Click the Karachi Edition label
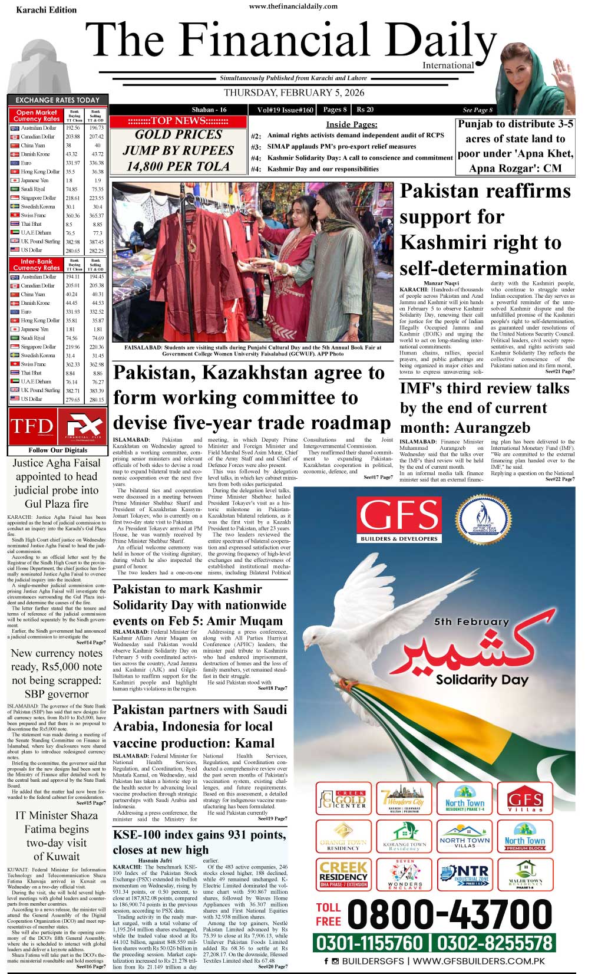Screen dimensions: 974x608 [x=46, y=10]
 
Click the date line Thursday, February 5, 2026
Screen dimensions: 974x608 [x=294, y=93]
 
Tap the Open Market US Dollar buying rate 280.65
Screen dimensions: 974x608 [x=73, y=251]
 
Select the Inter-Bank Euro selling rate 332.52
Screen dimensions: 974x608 [x=97, y=312]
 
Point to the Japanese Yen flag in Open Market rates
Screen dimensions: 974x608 [x=15, y=180]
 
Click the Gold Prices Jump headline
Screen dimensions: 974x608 [x=178, y=150]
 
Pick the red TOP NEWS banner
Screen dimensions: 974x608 [x=178, y=121]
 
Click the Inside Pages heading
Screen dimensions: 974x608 [x=352, y=124]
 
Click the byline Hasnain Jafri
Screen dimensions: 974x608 [x=156, y=860]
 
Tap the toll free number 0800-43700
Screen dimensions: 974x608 [x=450, y=914]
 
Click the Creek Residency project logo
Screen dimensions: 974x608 [x=343, y=873]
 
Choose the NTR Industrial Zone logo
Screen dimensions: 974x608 [x=464, y=874]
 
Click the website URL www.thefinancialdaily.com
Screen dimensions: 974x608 [x=293, y=6]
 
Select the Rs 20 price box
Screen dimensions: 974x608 [x=365, y=110]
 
